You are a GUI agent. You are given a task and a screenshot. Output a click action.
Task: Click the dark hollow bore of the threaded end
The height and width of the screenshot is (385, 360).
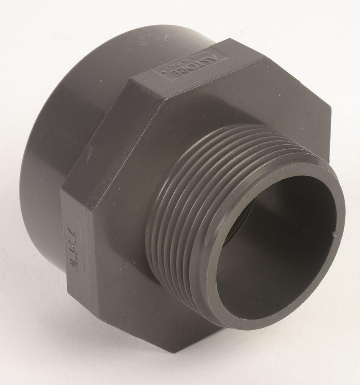click(272, 251)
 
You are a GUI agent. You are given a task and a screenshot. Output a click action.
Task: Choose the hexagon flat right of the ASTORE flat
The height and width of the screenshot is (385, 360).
click(293, 100)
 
